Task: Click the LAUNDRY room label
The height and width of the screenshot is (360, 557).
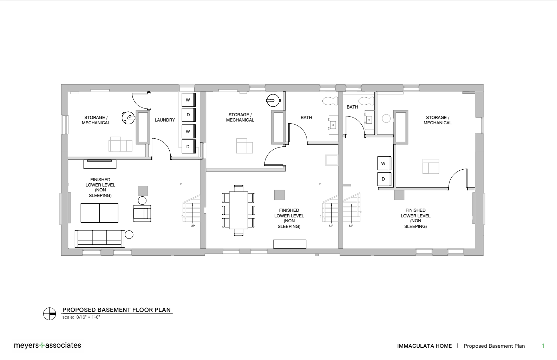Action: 165,120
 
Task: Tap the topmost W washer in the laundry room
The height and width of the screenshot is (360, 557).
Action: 189,100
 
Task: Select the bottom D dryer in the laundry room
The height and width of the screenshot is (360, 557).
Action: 189,147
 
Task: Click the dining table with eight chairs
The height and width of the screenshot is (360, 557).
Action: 238,210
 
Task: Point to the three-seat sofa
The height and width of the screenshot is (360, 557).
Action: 99,239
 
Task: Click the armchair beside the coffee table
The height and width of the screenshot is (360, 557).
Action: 142,213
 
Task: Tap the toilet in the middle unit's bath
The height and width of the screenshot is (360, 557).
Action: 330,101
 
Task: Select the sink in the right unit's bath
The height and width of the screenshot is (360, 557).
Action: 369,120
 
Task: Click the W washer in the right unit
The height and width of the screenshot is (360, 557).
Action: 384,163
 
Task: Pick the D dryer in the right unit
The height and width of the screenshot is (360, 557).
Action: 384,179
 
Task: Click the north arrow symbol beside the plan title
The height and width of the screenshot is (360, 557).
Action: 50,314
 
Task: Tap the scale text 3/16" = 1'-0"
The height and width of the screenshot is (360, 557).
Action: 88,317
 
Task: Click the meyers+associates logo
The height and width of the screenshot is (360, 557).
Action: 47,345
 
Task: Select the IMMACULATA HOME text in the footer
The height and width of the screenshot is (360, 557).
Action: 425,346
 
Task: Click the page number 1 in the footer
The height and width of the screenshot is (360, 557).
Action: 543,346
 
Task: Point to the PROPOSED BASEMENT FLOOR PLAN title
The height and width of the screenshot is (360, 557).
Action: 116,310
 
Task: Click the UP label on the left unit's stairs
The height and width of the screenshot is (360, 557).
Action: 192,226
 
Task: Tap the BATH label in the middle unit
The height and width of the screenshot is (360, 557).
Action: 306,118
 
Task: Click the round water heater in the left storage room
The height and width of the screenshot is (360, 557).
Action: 128,118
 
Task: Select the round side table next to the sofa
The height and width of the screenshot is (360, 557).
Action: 129,235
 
